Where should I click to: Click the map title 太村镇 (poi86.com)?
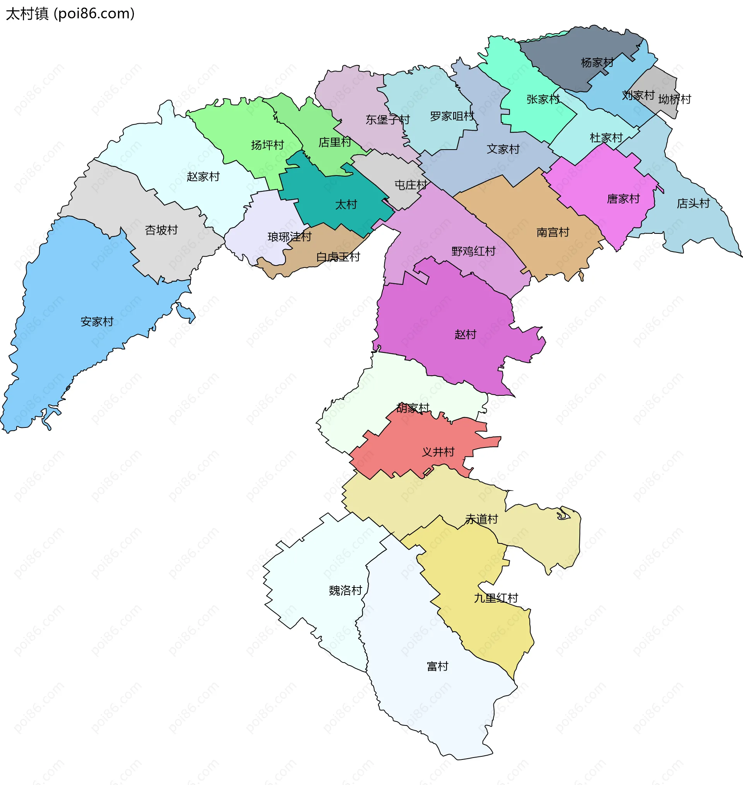pos(70,14)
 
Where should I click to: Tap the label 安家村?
pos(97,322)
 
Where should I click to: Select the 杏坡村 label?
pos(161,230)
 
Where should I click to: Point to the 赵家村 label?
pos(203,177)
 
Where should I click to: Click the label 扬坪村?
pos(267,145)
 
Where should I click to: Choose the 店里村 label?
pos(335,142)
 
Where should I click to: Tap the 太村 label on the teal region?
pos(346,204)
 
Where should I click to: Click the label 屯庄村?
pos(411,185)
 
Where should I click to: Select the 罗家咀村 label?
pos(452,116)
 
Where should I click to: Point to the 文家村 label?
pos(503,149)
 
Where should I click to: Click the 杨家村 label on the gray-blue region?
pos(597,63)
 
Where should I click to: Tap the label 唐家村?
pos(623,199)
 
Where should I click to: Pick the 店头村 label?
pos(693,203)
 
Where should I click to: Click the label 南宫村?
pos(553,232)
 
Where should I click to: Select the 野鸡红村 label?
pos(474,251)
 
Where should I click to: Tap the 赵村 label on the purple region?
pos(466,335)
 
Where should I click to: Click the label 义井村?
pos(438,452)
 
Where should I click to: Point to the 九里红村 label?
pos(496,598)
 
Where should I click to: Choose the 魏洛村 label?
pos(345,591)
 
